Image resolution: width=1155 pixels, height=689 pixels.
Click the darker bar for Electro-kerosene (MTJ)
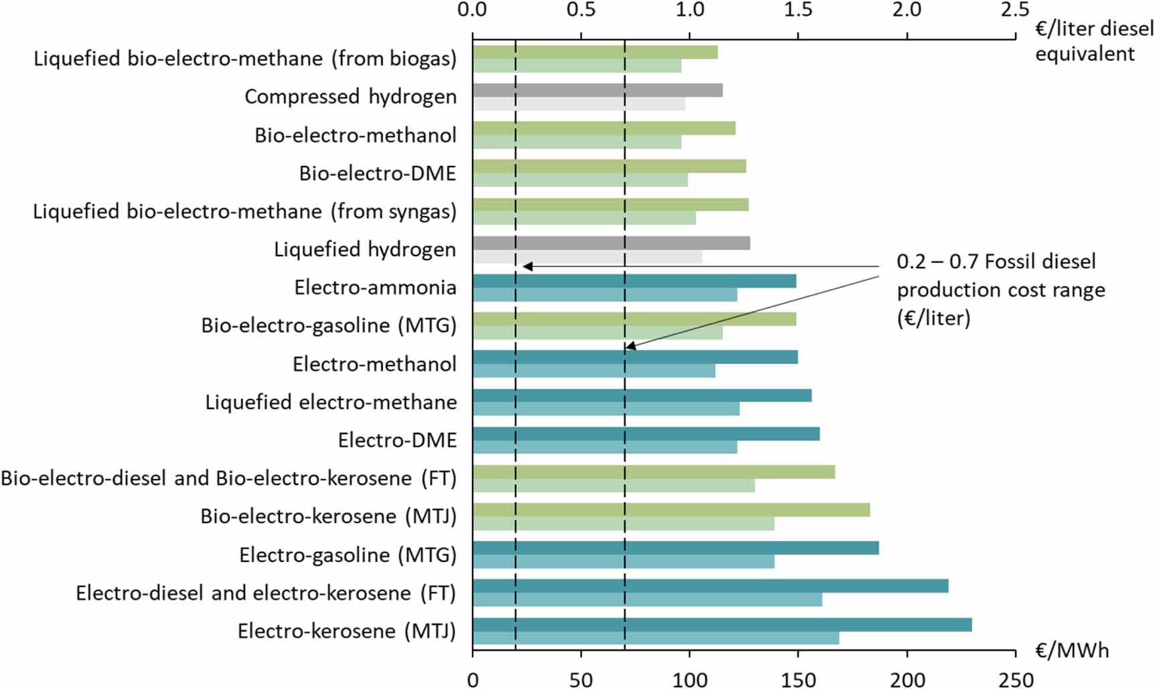pos(722,625)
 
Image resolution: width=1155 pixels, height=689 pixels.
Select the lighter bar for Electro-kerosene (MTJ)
pos(656,638)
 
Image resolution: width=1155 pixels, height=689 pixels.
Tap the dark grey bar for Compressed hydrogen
pos(597,90)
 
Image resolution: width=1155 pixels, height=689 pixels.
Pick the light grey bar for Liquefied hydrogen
pos(587,256)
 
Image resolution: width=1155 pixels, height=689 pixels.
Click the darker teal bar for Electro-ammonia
pos(634,281)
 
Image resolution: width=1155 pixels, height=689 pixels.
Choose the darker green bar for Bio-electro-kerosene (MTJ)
pos(671,510)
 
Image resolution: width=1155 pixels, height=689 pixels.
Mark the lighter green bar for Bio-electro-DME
pos(580,180)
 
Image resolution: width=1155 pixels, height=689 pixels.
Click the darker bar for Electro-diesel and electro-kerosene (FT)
pos(710,586)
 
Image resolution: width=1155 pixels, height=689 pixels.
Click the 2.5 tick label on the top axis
pos(1014,9)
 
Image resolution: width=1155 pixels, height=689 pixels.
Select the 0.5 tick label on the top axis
pos(581,9)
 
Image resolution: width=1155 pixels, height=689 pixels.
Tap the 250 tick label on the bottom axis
pos(1016,680)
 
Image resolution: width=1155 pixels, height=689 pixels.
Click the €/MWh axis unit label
pos(1071,650)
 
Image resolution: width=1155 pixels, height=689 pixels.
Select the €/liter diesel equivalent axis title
pos(1093,41)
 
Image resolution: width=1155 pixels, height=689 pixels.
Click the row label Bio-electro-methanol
pos(356,135)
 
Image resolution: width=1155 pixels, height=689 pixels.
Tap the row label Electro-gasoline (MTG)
pos(348,555)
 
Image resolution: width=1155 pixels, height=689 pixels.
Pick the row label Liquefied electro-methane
pos(331,402)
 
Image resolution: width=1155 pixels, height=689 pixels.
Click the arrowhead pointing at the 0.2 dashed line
pos(528,266)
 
